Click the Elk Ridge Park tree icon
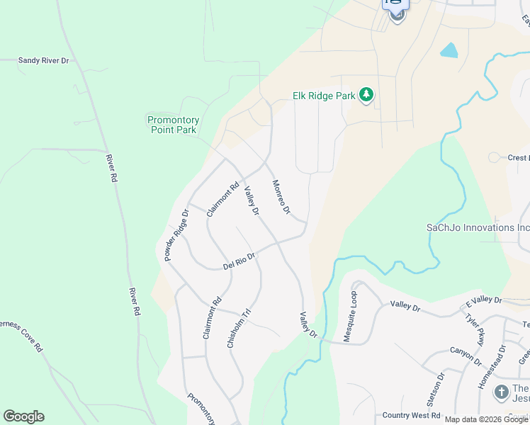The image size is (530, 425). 366,95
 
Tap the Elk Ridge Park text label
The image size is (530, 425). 323,96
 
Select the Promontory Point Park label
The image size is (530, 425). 173,125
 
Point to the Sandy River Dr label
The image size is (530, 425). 43,62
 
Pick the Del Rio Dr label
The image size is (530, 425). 238,262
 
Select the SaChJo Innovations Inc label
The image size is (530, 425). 477,227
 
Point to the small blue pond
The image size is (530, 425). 449,50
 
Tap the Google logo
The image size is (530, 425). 23,416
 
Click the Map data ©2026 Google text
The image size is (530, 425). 487,419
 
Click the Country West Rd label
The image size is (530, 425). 411,415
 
